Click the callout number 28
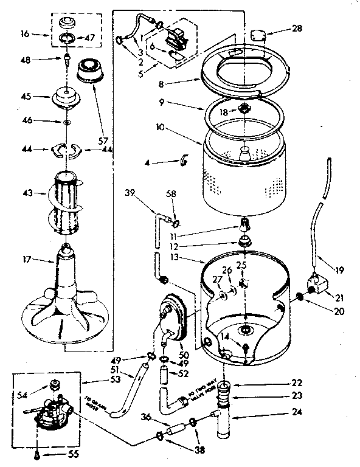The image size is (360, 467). pos(297,29)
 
